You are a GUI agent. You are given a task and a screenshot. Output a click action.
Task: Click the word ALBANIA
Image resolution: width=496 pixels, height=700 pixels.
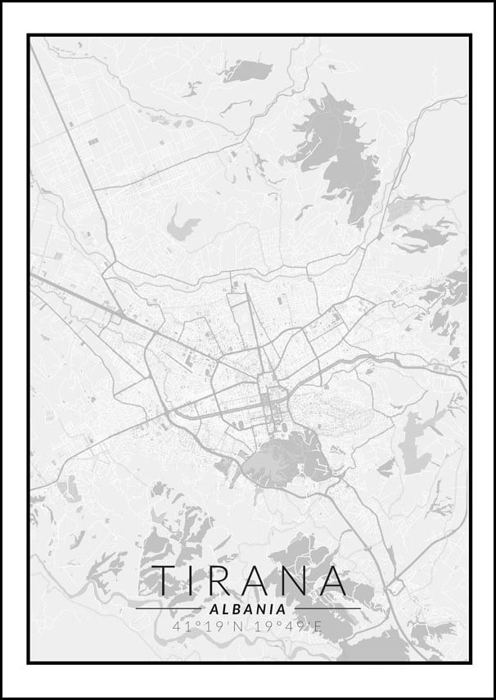(248, 609)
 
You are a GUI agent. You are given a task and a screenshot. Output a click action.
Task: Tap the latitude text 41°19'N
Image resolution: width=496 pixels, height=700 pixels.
(209, 627)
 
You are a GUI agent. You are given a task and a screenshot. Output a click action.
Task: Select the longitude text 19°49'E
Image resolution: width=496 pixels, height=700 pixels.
(287, 627)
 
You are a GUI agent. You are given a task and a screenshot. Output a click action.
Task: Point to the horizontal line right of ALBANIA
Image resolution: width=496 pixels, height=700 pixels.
(327, 609)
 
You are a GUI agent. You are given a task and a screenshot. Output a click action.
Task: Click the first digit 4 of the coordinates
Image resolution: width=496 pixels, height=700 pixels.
(177, 627)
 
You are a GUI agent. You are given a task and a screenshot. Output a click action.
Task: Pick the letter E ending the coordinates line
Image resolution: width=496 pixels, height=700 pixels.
(319, 627)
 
